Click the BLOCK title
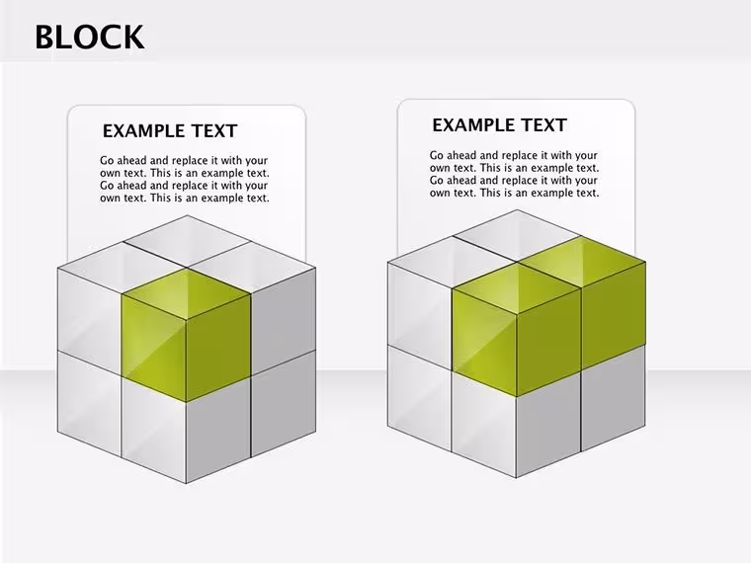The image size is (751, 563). [x=90, y=37]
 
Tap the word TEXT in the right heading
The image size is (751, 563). [x=544, y=125]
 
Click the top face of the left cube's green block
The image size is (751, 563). [x=187, y=293]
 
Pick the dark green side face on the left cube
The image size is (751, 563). [x=218, y=348]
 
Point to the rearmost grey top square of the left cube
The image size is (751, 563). [x=188, y=241]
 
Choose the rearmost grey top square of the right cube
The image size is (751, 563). [x=516, y=235]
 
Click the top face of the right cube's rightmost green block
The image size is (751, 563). [x=581, y=262]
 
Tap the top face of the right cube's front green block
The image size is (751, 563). [x=516, y=288]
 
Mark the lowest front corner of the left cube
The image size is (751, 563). [x=187, y=484]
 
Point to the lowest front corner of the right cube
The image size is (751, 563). [x=516, y=478]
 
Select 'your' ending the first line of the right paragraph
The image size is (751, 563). [x=586, y=156]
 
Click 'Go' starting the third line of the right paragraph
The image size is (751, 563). [x=437, y=181]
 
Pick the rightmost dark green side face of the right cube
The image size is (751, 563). [x=614, y=315]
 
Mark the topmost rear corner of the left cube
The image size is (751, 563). [x=188, y=215]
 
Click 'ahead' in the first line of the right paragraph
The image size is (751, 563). [x=461, y=155]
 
